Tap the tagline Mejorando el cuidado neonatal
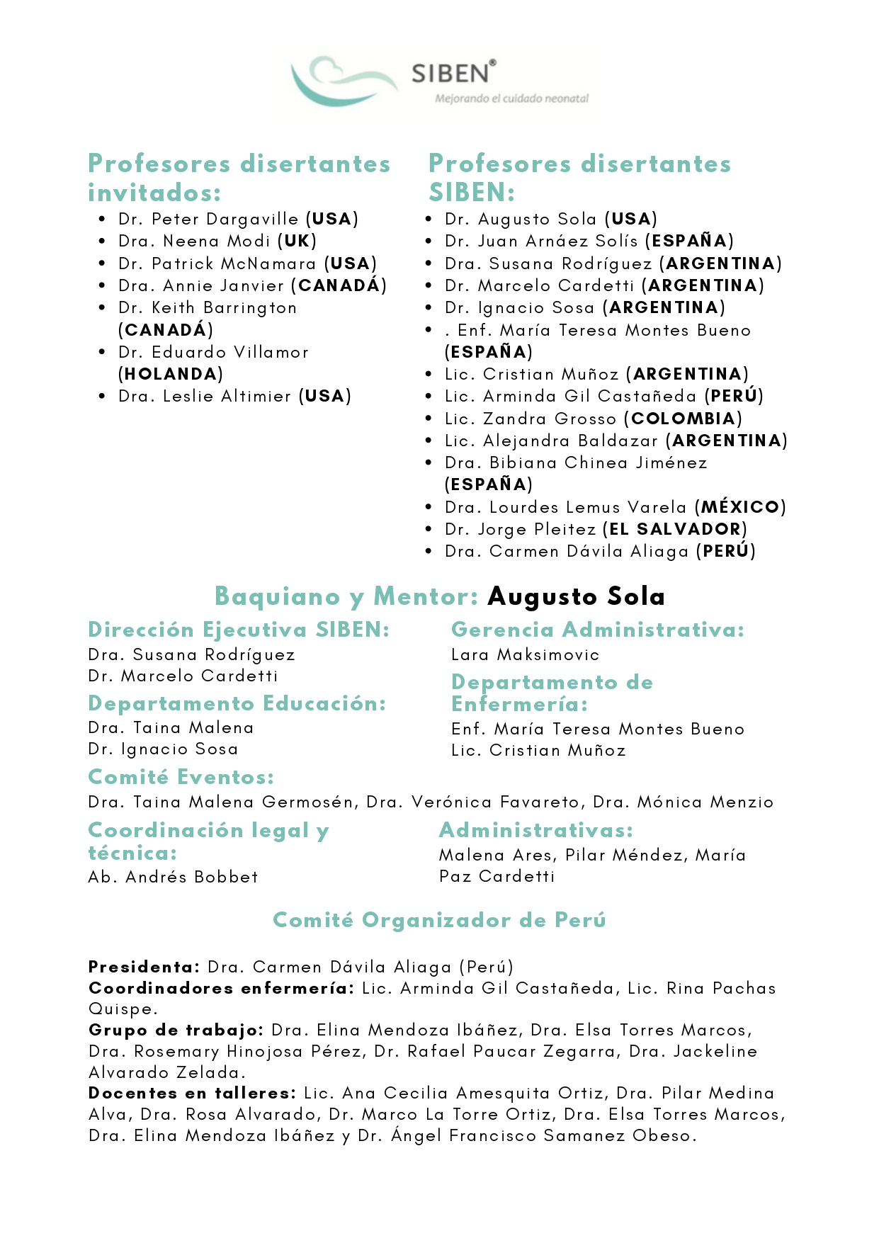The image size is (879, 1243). (511, 98)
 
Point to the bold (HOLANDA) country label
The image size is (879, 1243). (171, 374)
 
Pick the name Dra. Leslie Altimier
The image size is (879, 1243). (205, 396)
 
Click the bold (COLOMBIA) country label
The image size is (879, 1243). (683, 419)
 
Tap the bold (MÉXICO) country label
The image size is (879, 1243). (740, 507)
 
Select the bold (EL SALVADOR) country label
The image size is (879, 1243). (675, 529)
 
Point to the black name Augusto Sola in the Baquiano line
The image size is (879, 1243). (576, 596)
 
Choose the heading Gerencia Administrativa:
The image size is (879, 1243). (598, 630)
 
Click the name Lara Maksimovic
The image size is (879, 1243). (525, 654)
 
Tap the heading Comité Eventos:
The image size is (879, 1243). (181, 777)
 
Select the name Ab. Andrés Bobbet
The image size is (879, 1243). (173, 877)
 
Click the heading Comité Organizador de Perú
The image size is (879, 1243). (439, 920)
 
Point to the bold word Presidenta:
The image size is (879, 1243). (144, 967)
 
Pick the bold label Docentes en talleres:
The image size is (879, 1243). (192, 1093)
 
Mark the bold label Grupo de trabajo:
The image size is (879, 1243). (176, 1030)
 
